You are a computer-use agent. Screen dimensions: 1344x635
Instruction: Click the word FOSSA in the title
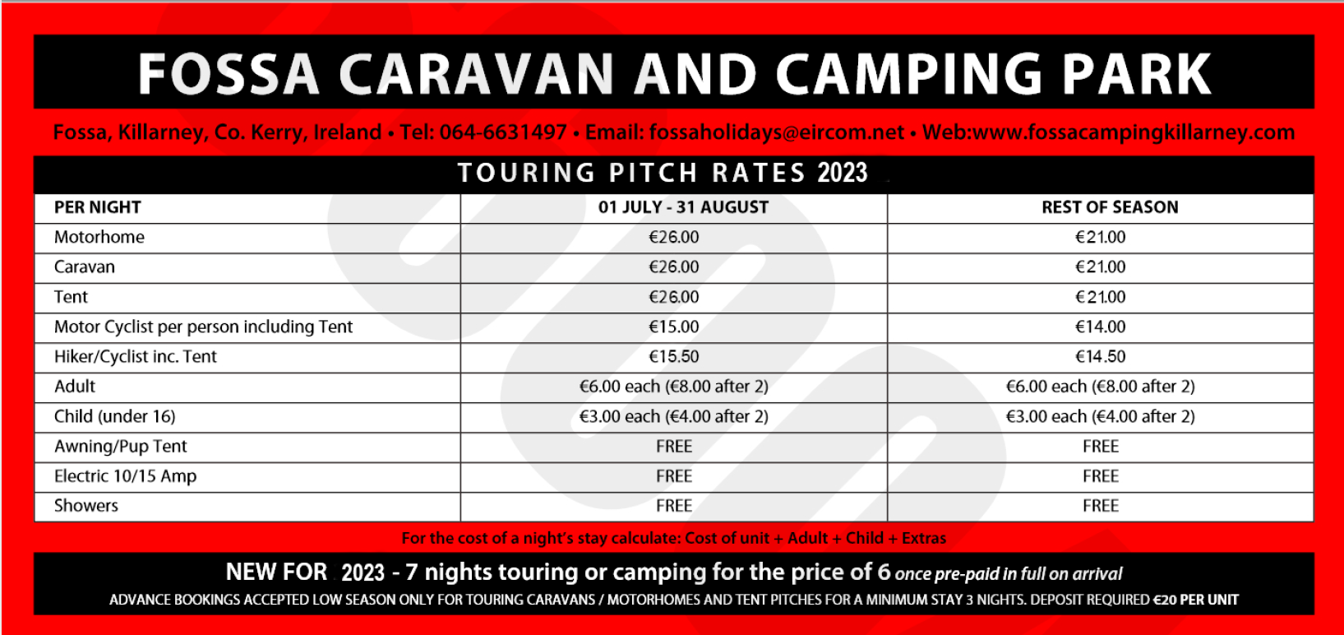(228, 74)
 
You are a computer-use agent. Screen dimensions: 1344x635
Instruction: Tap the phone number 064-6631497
(503, 132)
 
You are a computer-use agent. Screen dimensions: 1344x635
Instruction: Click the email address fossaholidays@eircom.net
(777, 132)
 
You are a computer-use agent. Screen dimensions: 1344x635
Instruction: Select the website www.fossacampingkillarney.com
(1134, 132)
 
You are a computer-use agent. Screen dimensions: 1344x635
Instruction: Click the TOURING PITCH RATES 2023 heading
(663, 173)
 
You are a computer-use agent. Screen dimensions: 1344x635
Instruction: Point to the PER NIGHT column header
(97, 207)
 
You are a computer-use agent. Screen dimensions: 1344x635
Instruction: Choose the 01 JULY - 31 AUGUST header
(683, 207)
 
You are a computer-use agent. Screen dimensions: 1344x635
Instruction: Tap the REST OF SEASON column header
(1110, 207)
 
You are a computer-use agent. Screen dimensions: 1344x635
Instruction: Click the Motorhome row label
(99, 237)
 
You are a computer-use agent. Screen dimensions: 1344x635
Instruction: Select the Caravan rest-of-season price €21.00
(1101, 267)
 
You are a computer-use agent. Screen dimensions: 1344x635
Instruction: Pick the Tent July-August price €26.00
(674, 296)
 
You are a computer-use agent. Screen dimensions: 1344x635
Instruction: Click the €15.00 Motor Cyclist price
(674, 327)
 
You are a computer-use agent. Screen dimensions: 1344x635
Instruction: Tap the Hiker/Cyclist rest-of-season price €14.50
(1101, 356)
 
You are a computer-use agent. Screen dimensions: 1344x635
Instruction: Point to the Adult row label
(75, 386)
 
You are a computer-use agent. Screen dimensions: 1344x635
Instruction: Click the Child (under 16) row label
(114, 416)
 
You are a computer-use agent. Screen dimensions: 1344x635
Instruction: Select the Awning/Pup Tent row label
(121, 447)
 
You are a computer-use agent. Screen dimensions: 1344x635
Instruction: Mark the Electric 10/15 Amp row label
(126, 476)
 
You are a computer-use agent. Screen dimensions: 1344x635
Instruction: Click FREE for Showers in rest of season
(1101, 506)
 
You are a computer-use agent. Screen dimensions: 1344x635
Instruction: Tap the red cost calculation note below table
(673, 538)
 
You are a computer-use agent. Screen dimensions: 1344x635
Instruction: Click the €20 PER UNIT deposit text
(1196, 600)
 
